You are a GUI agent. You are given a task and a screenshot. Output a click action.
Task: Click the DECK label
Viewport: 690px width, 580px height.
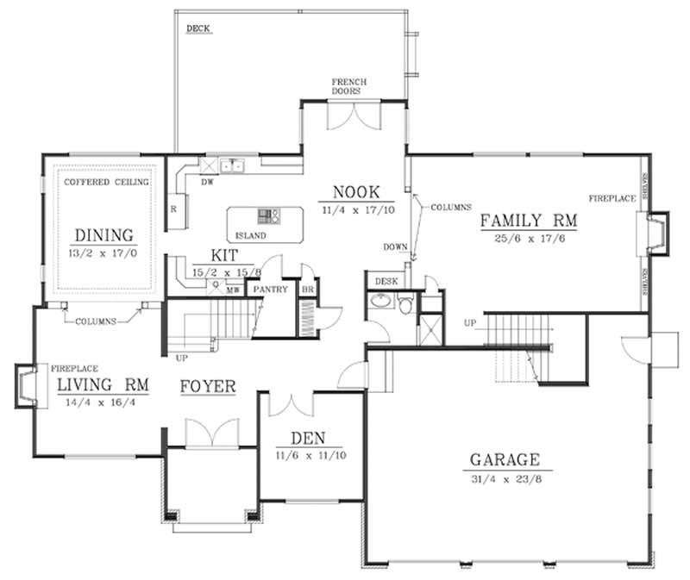click(x=198, y=28)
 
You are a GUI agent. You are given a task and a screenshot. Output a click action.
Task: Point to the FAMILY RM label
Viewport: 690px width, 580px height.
click(x=529, y=221)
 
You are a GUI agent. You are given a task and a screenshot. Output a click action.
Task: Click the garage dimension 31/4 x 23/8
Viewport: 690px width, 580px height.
click(x=505, y=477)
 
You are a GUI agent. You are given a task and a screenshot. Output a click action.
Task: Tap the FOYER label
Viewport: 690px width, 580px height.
click(x=208, y=386)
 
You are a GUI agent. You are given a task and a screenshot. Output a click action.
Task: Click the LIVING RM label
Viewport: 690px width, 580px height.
click(x=101, y=384)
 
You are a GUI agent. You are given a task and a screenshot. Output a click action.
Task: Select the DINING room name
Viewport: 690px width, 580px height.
click(x=103, y=234)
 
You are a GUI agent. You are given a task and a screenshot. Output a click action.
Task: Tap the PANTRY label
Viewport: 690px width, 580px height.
click(x=270, y=290)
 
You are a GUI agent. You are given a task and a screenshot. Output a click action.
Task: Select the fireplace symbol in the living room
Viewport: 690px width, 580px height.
click(x=26, y=385)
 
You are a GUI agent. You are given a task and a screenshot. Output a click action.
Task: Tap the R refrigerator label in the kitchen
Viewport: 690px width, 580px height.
click(x=173, y=209)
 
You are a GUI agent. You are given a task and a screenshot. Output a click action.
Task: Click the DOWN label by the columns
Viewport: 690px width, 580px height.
click(x=395, y=247)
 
